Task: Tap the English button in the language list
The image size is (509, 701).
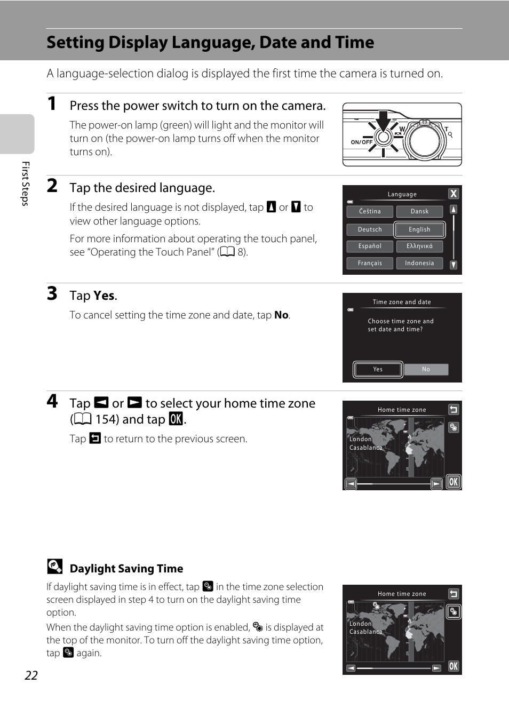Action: [419, 230]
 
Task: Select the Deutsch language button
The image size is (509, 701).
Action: [370, 229]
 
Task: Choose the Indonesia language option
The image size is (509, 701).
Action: [419, 263]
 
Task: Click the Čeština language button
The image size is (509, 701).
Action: [370, 211]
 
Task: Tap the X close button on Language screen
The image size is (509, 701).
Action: [454, 194]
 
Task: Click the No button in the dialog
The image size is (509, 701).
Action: [426, 369]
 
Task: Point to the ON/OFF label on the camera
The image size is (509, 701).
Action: [362, 142]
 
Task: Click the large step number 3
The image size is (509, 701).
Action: [52, 293]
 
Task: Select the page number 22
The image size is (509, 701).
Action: [31, 675]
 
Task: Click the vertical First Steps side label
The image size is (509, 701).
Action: [26, 184]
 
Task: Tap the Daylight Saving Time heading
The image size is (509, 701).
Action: [126, 568]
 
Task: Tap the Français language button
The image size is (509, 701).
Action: [370, 263]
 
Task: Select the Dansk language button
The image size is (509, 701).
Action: [419, 211]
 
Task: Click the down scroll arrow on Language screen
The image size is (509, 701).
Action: [454, 265]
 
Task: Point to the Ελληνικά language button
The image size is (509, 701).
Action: [419, 246]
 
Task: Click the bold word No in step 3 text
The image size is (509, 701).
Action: [281, 315]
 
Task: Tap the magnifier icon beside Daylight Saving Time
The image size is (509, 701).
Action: [55, 566]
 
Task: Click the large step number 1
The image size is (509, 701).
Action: [52, 103]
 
